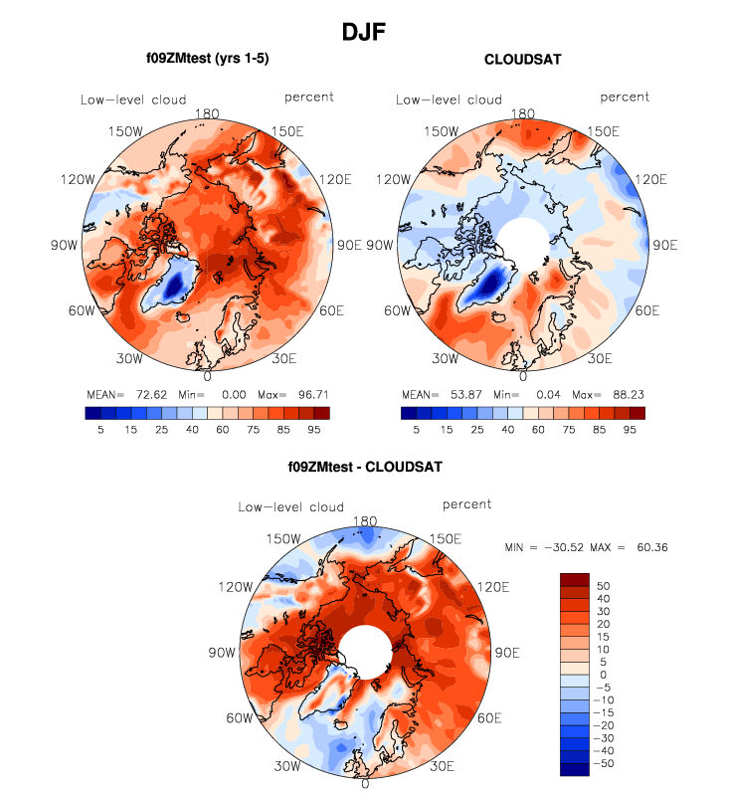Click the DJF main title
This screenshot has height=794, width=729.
(x=363, y=33)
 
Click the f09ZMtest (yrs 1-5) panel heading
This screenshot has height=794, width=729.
(x=207, y=60)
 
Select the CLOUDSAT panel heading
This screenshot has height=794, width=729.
(x=522, y=60)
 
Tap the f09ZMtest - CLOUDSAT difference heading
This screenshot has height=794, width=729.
(x=364, y=466)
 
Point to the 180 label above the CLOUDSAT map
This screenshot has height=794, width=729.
(x=522, y=114)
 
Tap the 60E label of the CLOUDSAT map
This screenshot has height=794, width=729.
(x=647, y=311)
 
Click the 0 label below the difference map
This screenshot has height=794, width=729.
(x=365, y=784)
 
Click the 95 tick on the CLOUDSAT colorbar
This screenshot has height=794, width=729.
(x=629, y=430)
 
